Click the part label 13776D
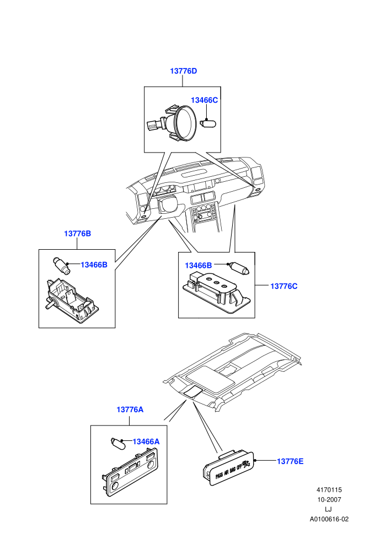click(x=183, y=71)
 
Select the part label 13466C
click(x=205, y=101)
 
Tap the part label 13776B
click(x=77, y=234)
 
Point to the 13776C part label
click(x=284, y=286)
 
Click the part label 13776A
click(x=130, y=409)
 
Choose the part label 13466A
click(x=146, y=442)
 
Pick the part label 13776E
click(x=290, y=461)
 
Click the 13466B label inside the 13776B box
click(x=94, y=265)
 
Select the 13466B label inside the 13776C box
click(x=199, y=266)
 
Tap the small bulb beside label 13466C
click(x=209, y=124)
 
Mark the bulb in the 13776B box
click(x=61, y=265)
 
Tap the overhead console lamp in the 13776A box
click(x=130, y=471)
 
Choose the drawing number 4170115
click(x=329, y=490)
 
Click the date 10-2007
click(x=329, y=500)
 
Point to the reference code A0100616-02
click(x=329, y=519)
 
